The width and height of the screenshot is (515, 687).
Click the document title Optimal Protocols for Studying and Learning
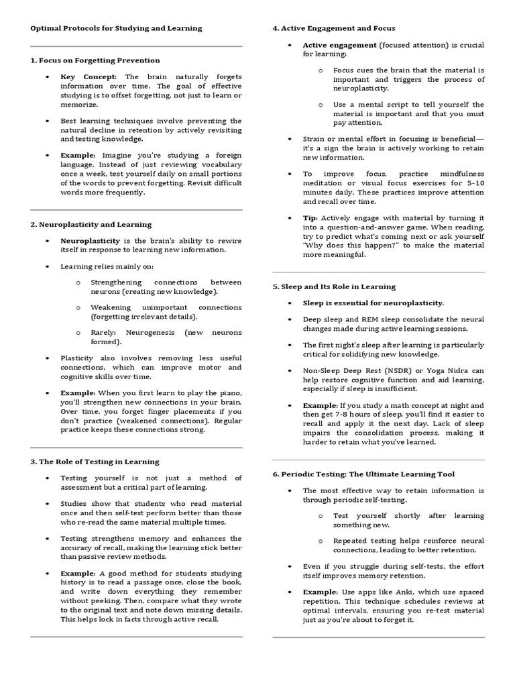(116, 28)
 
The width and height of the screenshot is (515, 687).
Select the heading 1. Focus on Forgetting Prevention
(95, 60)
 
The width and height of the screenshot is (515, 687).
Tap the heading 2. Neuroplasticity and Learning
(91, 225)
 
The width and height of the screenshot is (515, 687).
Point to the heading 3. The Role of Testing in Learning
(95, 462)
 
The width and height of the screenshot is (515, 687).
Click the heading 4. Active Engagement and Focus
(333, 28)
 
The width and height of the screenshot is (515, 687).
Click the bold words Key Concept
(89, 77)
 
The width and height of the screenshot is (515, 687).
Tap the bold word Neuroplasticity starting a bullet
(91, 241)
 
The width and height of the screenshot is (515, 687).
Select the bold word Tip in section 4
(309, 218)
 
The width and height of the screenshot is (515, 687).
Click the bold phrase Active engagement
(339, 45)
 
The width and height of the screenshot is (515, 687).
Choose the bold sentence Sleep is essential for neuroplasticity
(374, 303)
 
